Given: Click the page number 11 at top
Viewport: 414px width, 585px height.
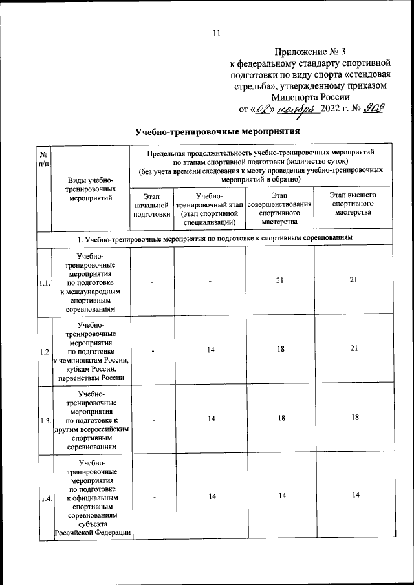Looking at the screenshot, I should tap(217, 34).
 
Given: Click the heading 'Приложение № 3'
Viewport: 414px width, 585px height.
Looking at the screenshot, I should tap(310, 50).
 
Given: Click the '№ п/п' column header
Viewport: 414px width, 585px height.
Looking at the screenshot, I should tap(43, 160).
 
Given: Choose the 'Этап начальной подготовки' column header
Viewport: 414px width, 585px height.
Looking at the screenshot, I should tap(151, 204).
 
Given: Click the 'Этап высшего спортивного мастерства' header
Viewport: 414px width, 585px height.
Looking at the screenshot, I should tap(353, 204).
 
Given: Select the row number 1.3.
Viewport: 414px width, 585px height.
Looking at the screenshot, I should tap(45, 420).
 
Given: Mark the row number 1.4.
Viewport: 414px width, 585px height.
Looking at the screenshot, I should tap(45, 498).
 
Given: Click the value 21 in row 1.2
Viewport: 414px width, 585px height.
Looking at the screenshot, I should tap(353, 349).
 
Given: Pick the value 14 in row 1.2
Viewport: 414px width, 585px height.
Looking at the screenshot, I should tap(211, 350).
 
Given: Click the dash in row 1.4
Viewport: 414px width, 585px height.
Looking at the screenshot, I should tap(153, 496).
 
